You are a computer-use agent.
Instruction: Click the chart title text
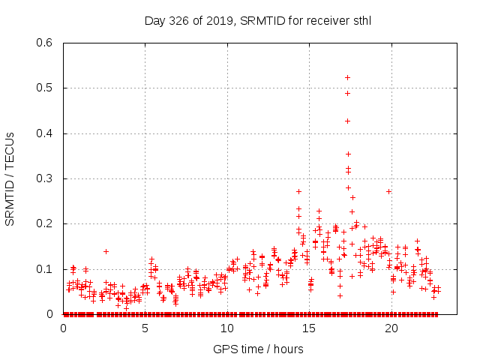[258, 20]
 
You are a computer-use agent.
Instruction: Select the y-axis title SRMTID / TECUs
[10, 178]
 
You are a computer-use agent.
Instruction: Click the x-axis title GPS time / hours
[258, 349]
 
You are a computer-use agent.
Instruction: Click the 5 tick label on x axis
[145, 328]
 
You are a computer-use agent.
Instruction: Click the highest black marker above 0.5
[347, 77]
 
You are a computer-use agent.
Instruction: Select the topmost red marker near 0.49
[347, 93]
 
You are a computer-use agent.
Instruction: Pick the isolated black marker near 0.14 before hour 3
[106, 251]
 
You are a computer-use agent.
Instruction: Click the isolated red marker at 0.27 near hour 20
[388, 191]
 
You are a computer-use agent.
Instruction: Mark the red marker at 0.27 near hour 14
[298, 191]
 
